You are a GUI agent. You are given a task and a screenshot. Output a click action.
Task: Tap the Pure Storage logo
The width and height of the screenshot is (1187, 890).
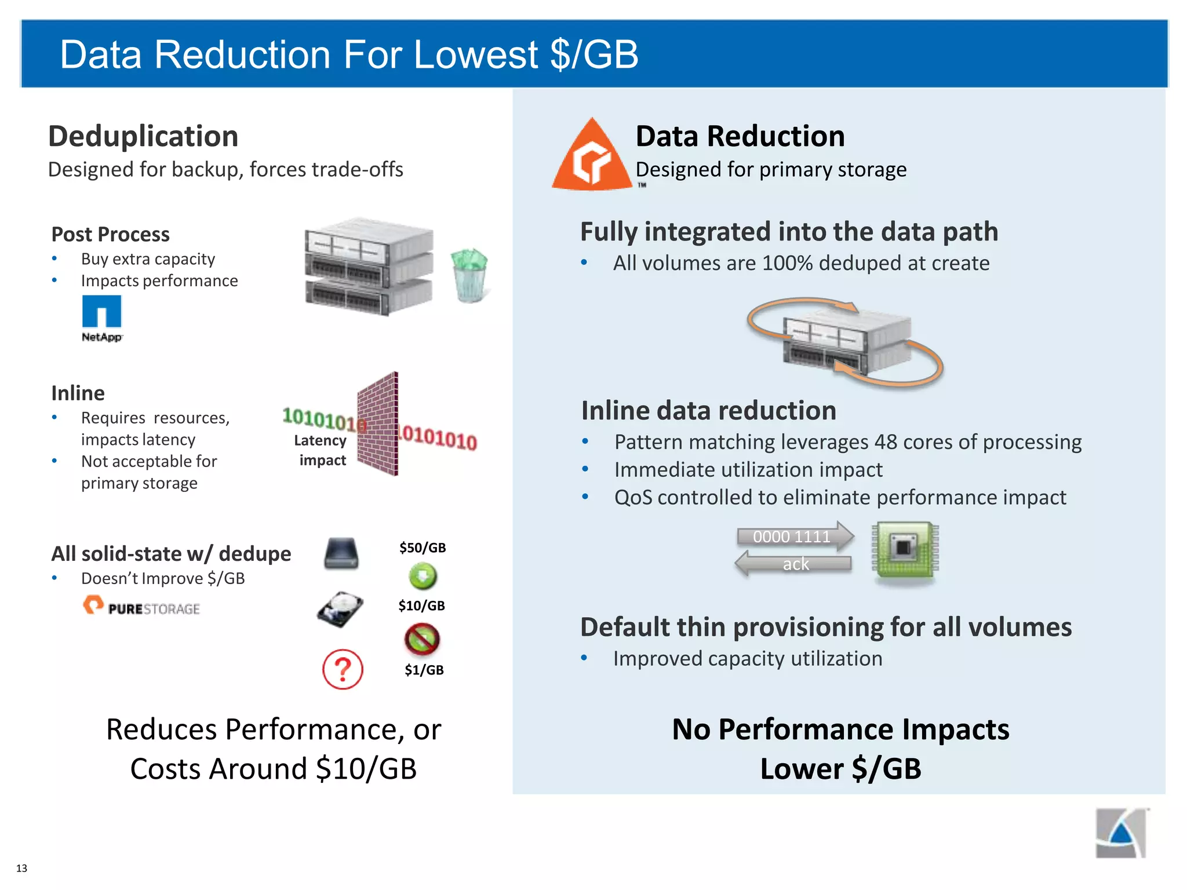coord(141,606)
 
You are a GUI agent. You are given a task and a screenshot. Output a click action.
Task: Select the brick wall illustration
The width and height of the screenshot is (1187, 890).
coord(378,424)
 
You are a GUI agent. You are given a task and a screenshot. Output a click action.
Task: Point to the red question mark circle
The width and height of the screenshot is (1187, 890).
coord(343,669)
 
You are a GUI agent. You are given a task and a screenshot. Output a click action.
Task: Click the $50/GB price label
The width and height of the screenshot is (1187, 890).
coord(423,548)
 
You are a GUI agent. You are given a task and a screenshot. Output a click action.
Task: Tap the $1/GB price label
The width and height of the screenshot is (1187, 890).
coord(424,670)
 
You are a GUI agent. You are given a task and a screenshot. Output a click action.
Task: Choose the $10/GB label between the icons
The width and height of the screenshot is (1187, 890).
coord(421,606)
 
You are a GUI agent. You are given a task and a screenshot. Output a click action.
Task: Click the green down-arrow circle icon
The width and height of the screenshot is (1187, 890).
coord(423,576)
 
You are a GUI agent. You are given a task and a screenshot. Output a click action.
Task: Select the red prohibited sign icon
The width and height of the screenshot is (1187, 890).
coord(422,639)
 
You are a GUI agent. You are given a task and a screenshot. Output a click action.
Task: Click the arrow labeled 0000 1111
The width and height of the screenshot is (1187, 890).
coord(795,536)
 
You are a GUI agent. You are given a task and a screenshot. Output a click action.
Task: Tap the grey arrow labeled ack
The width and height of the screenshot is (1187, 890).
coord(794,563)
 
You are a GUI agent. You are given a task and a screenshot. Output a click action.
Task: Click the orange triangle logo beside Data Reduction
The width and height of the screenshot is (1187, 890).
coord(592,157)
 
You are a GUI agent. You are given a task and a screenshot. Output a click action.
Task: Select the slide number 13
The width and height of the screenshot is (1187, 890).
coord(21,868)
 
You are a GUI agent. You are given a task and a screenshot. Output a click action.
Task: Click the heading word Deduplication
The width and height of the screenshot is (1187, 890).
coord(143,136)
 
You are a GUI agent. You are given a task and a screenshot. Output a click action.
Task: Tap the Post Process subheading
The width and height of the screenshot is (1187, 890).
coord(110,234)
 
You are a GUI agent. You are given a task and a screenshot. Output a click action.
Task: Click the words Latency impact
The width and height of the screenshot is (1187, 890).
coord(321,450)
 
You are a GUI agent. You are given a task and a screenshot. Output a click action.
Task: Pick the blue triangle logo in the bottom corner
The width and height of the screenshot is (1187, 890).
coord(1121,833)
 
